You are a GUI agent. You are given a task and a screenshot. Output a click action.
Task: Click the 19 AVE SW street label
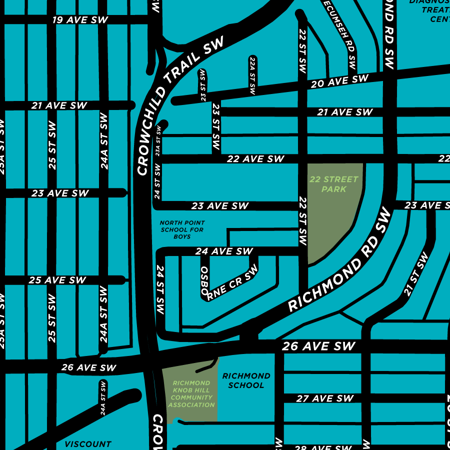click(80, 20)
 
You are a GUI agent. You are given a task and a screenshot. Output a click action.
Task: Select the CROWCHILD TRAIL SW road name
click(179, 107)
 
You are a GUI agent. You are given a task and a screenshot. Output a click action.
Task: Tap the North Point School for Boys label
click(182, 229)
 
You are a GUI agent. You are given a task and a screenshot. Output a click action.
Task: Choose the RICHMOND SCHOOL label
click(246, 380)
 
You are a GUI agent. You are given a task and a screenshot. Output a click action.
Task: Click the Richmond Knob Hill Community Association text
click(191, 394)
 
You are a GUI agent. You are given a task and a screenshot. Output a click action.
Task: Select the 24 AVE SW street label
click(224, 251)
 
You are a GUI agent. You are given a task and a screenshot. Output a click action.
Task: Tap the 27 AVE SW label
click(325, 398)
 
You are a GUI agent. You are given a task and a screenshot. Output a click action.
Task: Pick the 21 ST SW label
click(416, 274)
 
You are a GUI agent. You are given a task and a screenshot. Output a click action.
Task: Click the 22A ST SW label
click(252, 75)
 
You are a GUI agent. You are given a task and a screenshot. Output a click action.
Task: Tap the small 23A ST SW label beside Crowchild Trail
click(158, 141)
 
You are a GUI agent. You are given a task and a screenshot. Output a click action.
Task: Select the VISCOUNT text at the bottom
click(88, 444)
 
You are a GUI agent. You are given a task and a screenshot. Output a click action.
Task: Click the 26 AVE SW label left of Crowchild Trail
click(88, 367)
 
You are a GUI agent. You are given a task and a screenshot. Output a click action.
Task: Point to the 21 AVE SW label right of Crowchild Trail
click(344, 112)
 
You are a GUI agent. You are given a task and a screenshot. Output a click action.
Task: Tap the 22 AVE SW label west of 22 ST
click(255, 159)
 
